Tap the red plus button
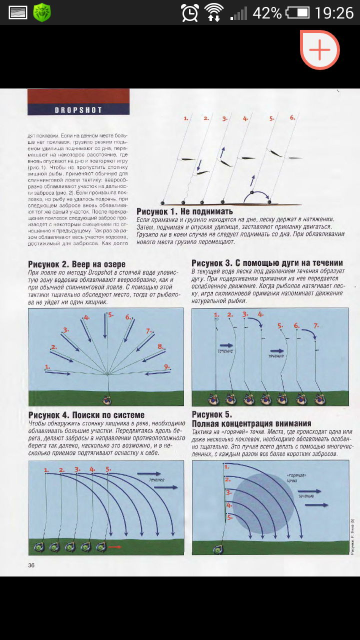(320, 49)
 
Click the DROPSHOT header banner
(78, 110)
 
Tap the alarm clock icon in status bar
(190, 12)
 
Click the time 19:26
(334, 12)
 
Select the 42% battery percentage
(267, 12)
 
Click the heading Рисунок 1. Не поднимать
(185, 211)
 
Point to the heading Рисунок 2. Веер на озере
(77, 264)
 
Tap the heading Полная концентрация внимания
(251, 423)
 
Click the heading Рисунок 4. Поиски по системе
(86, 415)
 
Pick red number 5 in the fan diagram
(110, 315)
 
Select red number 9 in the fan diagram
(167, 366)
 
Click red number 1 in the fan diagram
(47, 367)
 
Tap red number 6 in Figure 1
(292, 118)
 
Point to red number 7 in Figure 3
(315, 325)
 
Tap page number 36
(31, 565)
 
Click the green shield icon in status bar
(42, 12)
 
